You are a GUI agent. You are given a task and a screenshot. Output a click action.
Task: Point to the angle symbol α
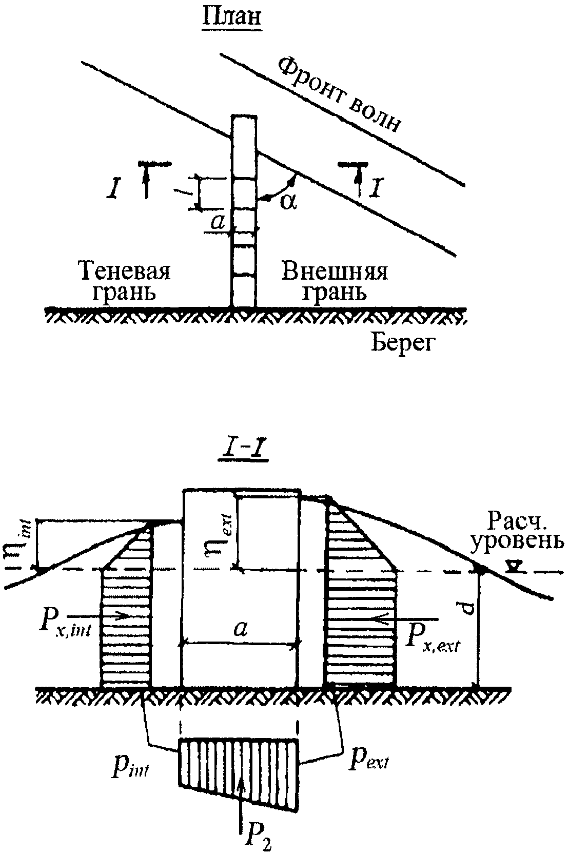pyautogui.click(x=288, y=201)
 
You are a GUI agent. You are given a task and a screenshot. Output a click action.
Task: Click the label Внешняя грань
pyautogui.click(x=335, y=281)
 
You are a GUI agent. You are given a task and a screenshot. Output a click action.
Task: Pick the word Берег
pyautogui.click(x=403, y=343)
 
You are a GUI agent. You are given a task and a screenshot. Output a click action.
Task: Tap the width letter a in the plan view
pyautogui.click(x=218, y=222)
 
